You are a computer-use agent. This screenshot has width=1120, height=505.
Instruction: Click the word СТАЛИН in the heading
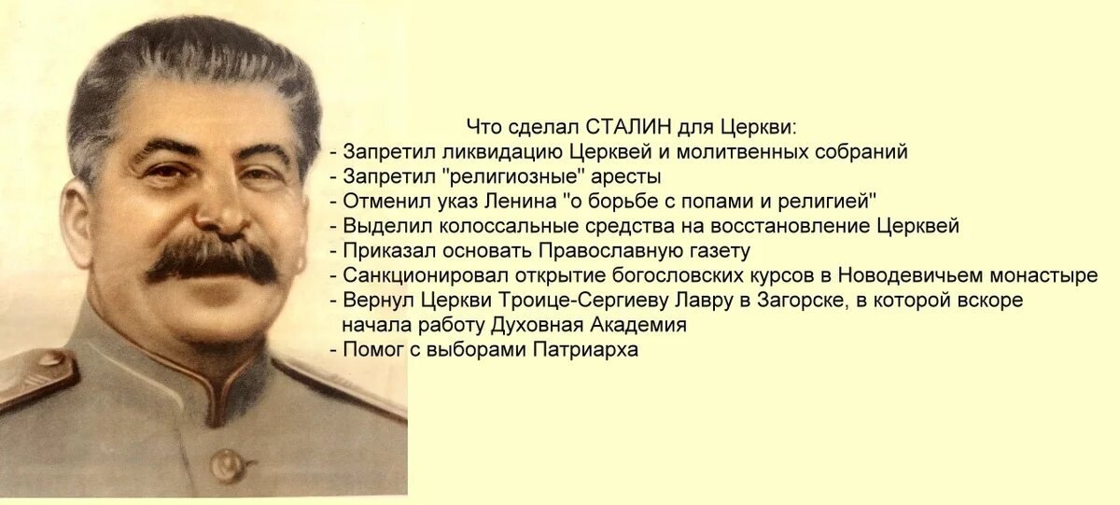(x=627, y=127)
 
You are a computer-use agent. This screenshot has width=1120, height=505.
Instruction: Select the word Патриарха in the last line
(x=585, y=349)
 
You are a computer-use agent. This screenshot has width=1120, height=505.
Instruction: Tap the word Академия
(x=638, y=326)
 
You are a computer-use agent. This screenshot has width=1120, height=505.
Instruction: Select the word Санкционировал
(x=426, y=275)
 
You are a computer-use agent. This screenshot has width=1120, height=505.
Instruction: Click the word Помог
(x=374, y=349)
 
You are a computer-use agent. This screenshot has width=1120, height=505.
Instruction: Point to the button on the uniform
(x=228, y=465)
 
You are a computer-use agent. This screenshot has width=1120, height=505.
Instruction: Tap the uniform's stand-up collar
(x=200, y=370)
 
